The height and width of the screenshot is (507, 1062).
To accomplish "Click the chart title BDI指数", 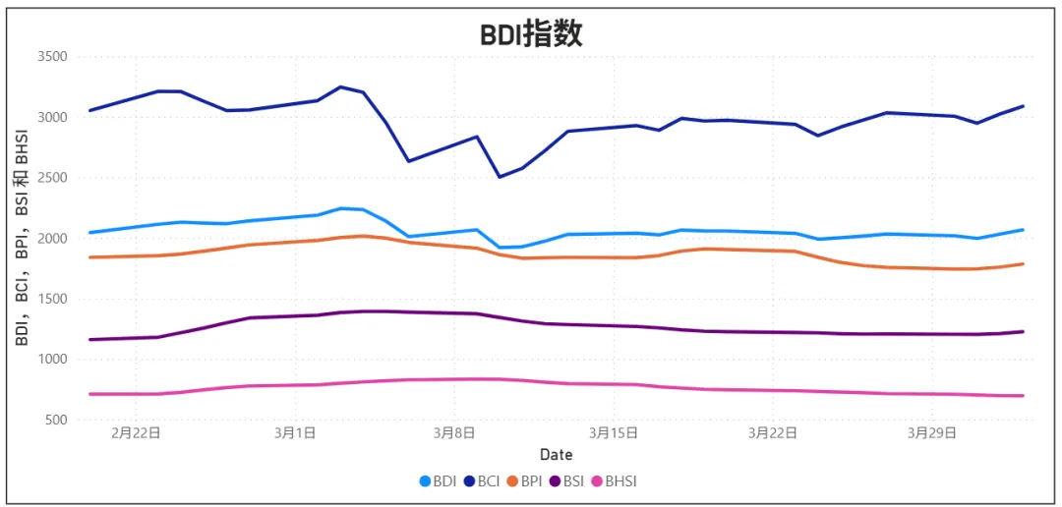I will click(531, 34).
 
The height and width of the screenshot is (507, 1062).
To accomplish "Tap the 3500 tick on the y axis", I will click(50, 57).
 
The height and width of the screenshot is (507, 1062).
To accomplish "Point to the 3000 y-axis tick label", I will click(50, 118).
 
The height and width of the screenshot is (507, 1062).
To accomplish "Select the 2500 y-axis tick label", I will click(50, 178).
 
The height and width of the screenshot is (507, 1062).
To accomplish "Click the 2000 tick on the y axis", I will click(50, 239).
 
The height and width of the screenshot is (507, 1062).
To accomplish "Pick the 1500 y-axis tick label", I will click(50, 300).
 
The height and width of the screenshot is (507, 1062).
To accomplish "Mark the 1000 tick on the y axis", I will click(50, 360).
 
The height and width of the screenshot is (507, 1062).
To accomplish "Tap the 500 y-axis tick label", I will click(54, 421).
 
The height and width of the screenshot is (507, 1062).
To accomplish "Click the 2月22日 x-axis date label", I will click(136, 433).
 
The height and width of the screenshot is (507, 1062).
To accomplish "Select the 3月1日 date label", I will click(295, 433).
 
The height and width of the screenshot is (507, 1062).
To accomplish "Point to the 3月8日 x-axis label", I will click(454, 433).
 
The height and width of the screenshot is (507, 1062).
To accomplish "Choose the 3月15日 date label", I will click(614, 433).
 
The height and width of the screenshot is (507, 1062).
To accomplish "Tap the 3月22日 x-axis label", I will click(773, 433).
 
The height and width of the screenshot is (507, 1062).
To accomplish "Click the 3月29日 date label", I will click(932, 433).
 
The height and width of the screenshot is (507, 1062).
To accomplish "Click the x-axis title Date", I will click(556, 455).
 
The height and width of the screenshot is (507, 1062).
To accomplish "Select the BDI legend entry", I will click(439, 481).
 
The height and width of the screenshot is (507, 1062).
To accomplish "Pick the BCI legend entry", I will click(482, 481).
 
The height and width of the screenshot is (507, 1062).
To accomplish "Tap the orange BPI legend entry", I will click(525, 481).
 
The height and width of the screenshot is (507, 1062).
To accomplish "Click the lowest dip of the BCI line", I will click(500, 177).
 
